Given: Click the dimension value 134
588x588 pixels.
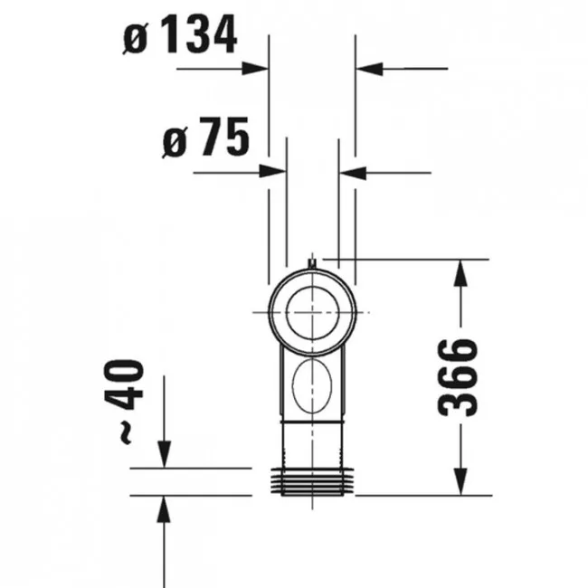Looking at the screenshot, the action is click(x=199, y=34).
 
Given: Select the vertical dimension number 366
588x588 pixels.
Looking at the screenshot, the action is click(x=458, y=377).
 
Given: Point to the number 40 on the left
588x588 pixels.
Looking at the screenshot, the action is click(x=124, y=384).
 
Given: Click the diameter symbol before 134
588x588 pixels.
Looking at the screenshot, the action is click(x=136, y=38).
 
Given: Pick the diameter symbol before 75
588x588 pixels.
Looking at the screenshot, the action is click(x=175, y=142).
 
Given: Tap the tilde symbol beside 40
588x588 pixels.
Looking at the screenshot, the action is click(x=125, y=432).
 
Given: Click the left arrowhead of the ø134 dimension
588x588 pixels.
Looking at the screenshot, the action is click(x=255, y=69).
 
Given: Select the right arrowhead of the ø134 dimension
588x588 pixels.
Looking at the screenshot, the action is click(x=369, y=69).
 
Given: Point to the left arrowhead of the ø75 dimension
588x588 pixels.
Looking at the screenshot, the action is click(x=273, y=172).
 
